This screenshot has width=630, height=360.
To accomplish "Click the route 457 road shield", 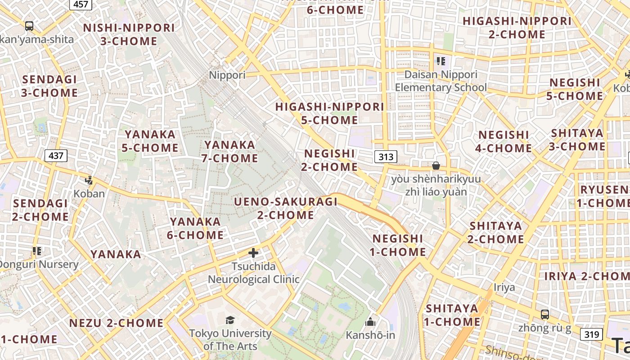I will point(81,4).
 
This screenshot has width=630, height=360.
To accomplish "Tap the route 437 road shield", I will point(56,156).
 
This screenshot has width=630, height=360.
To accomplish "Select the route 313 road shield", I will point(386,157).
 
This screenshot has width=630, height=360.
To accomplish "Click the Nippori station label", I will point(227,75).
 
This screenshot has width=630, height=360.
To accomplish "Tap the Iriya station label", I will point(504,287).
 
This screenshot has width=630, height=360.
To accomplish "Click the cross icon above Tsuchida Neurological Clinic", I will point(253,253).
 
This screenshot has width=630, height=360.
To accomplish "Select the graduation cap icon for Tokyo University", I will point(230,320).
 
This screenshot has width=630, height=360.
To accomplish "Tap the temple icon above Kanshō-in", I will point(370,321).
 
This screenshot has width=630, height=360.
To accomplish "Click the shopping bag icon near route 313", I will point(436,166).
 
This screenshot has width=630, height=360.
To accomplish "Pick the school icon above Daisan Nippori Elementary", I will point(440,61).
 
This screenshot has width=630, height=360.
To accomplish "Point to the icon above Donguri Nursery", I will point(37,251).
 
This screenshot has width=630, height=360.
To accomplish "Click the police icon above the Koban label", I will point(89,180).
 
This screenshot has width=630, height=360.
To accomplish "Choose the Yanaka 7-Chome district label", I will point(231,152).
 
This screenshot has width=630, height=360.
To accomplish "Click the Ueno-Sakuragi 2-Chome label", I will point(285,208).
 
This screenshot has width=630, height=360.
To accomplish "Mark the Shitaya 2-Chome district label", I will point(495,232).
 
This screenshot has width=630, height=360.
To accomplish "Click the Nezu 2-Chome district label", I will point(116,323).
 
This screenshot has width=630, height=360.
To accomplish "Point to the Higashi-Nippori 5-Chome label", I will point(329,113).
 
